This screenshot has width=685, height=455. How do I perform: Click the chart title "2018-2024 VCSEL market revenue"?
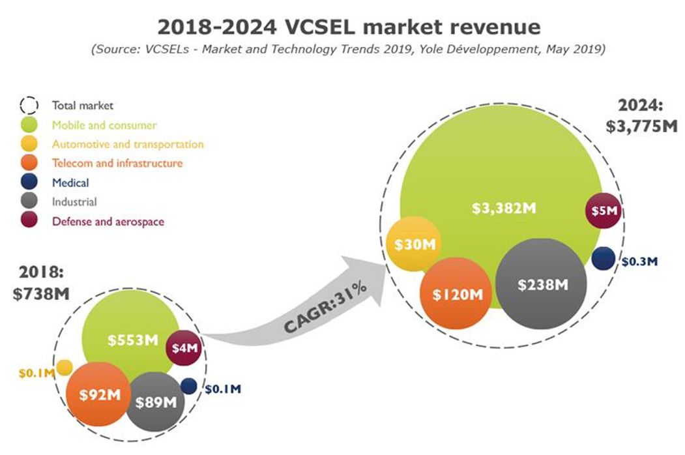click(x=349, y=27)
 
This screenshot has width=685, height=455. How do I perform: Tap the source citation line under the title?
click(x=349, y=50)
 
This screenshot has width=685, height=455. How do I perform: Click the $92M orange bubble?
click(x=97, y=394)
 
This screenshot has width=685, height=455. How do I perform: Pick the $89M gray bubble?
click(x=156, y=401)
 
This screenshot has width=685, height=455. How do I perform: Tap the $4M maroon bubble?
click(x=184, y=348)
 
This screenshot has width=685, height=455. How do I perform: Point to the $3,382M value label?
click(x=504, y=209)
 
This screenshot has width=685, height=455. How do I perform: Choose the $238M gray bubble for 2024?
click(x=541, y=284)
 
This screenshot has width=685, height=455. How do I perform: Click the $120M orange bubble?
click(x=456, y=294)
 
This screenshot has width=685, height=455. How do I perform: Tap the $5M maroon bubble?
click(x=604, y=211)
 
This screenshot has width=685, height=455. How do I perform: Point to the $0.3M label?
click(x=639, y=261)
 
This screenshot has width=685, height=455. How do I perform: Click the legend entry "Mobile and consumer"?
click(x=104, y=125)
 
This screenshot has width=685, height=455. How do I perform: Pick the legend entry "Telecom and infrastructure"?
click(x=117, y=163)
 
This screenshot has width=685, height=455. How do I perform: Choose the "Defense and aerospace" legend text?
click(x=108, y=222)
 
